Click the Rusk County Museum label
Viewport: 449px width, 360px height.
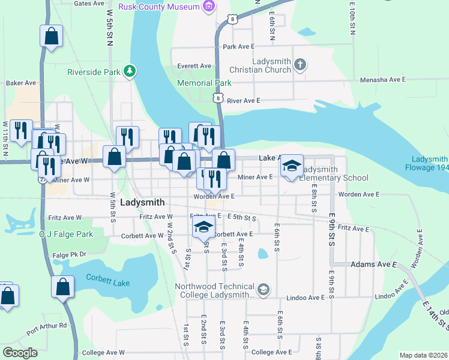[x=158, y=7]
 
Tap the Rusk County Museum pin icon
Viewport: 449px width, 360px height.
[x=208, y=7]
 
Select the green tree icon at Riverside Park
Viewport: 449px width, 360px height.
[x=129, y=72]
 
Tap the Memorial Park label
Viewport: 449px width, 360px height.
[x=205, y=83]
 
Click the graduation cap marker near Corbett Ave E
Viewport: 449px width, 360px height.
[x=204, y=227]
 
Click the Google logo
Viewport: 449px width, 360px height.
[x=20, y=353]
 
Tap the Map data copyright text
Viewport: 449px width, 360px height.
[x=423, y=355]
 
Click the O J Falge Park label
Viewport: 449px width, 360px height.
[x=66, y=233]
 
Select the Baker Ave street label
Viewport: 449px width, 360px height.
[x=21, y=83]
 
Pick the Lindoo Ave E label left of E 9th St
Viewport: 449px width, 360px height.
[x=306, y=298]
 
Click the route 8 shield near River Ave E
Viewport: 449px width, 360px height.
[x=218, y=98]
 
